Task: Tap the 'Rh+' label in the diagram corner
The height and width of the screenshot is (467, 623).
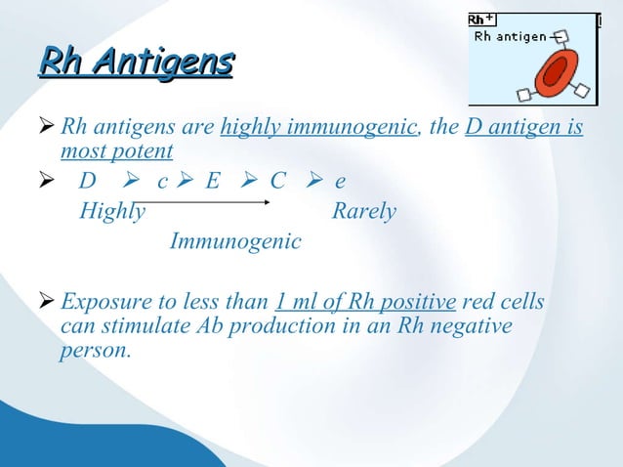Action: click(480, 20)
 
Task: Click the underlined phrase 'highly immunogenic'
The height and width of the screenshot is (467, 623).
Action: click(317, 128)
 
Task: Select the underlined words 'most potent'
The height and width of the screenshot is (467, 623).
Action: click(116, 151)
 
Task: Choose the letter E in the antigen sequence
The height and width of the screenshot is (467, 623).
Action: click(212, 183)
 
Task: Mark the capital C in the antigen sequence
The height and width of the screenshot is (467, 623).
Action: click(277, 183)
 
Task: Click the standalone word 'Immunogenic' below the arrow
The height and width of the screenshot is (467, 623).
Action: click(235, 240)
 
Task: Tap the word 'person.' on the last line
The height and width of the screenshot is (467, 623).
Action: click(95, 349)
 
